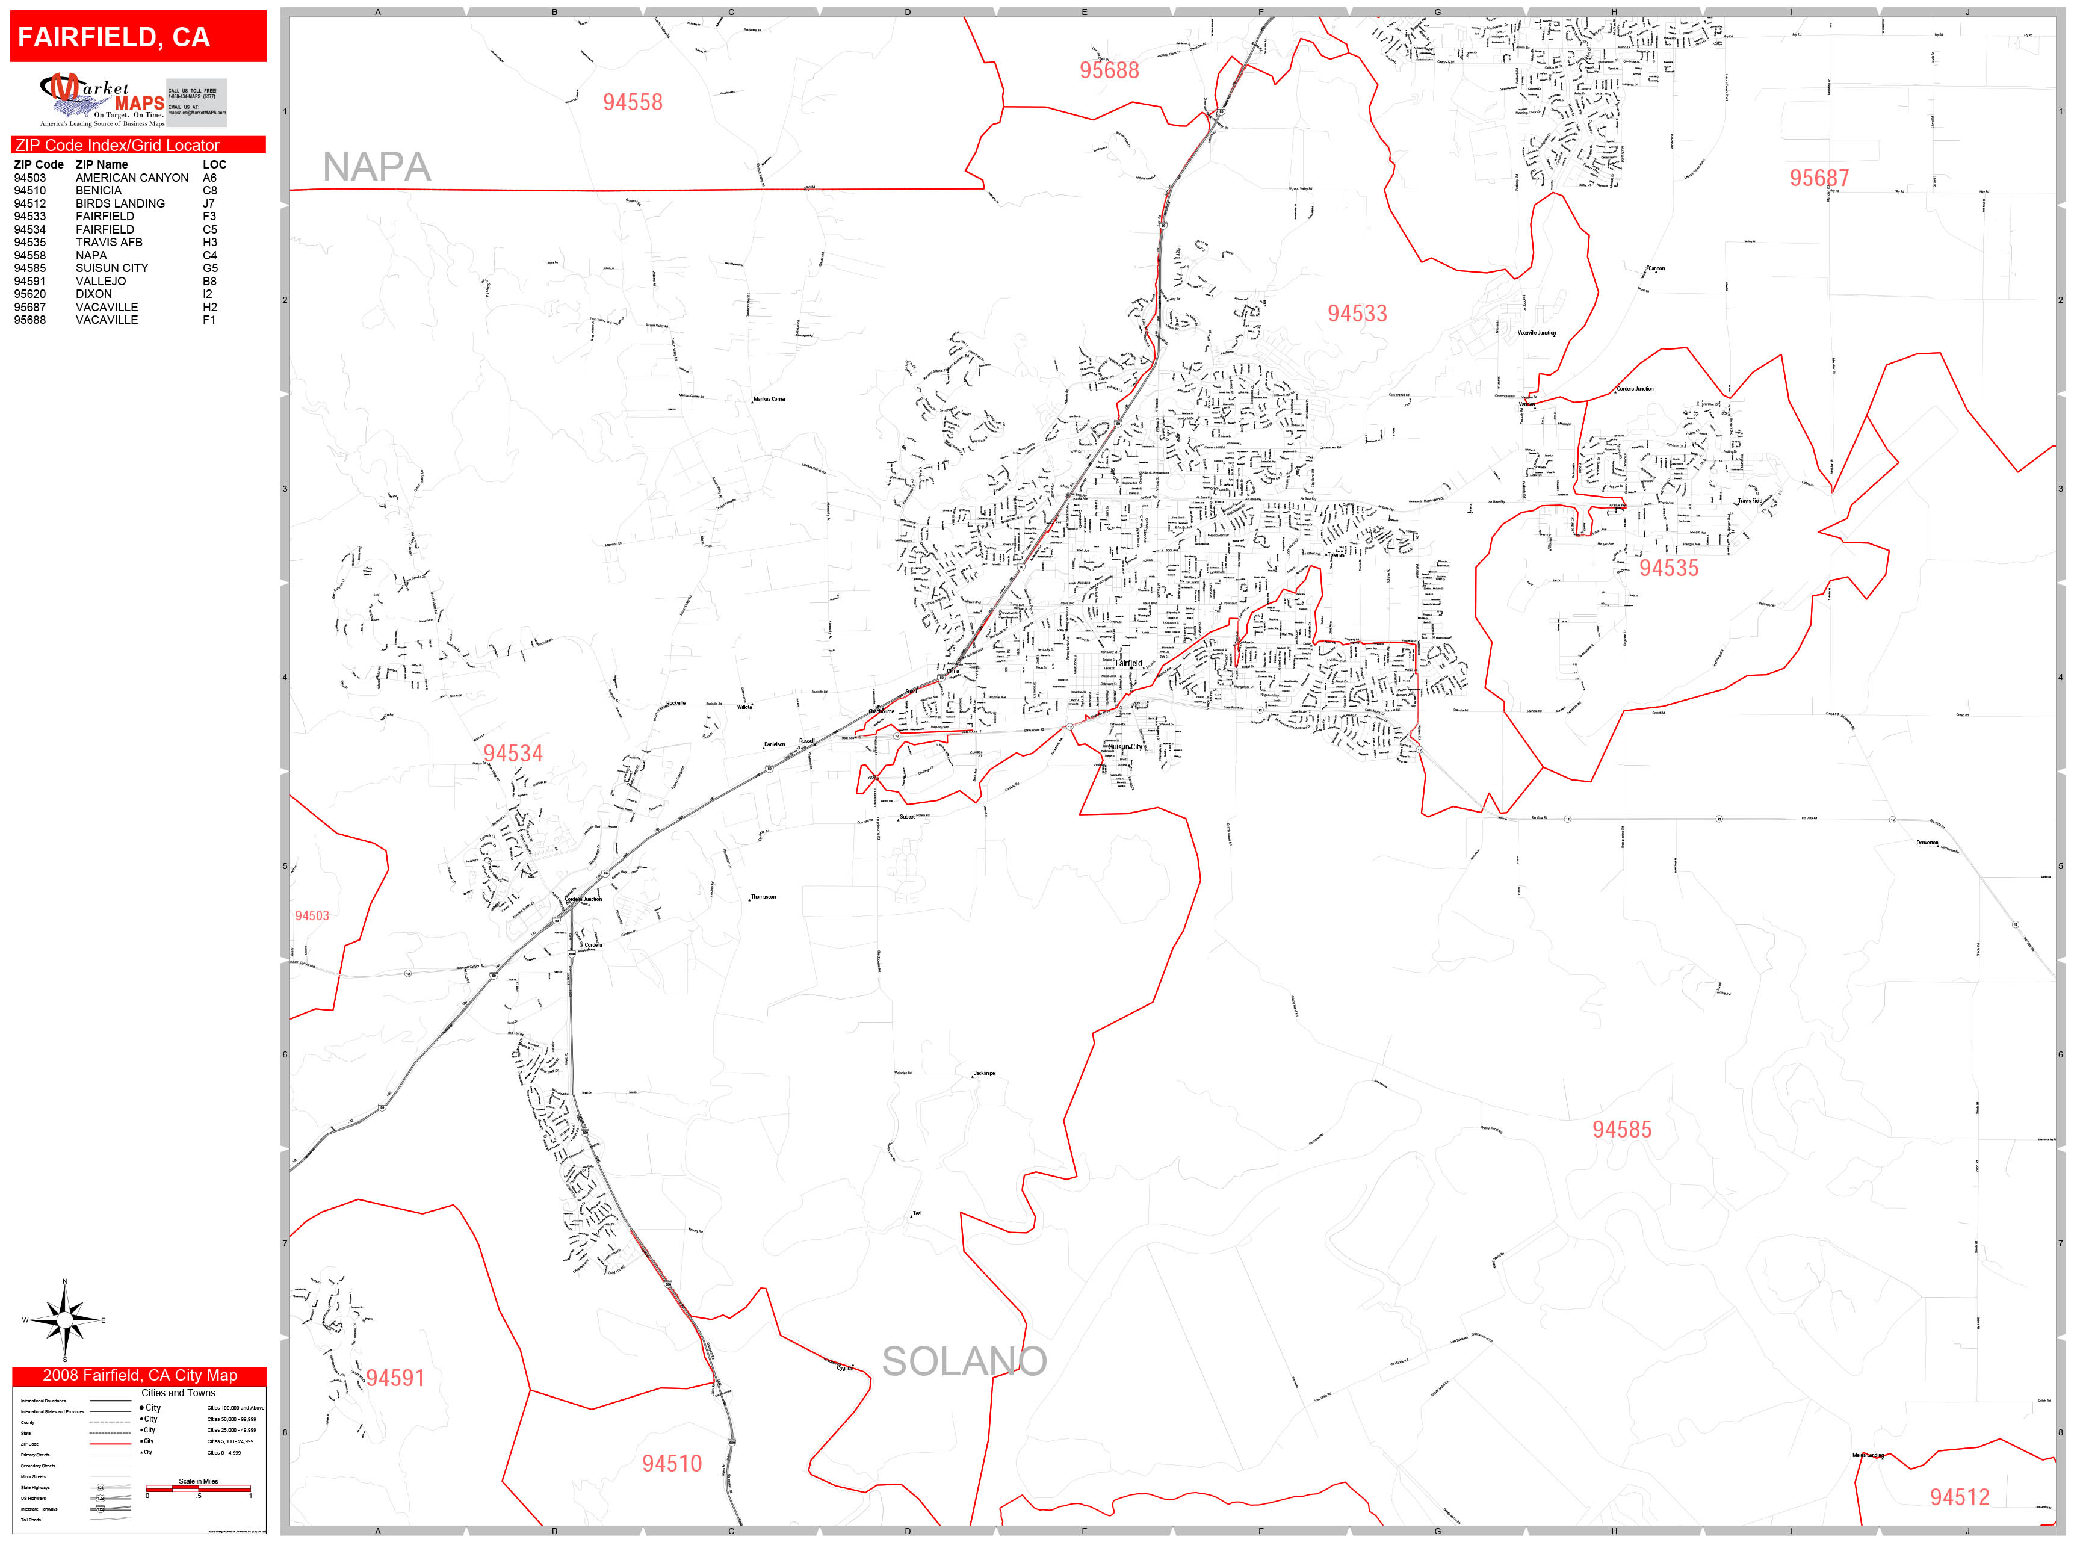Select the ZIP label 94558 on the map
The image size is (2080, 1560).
(632, 102)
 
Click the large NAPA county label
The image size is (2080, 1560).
(376, 167)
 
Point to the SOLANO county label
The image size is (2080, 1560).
(964, 1361)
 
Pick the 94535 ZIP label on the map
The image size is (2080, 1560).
(1669, 568)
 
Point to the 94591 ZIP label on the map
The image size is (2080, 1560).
(395, 1378)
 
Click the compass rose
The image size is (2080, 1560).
(64, 1321)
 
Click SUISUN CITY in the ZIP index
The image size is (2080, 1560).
(112, 268)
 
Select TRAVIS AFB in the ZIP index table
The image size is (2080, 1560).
(109, 243)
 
